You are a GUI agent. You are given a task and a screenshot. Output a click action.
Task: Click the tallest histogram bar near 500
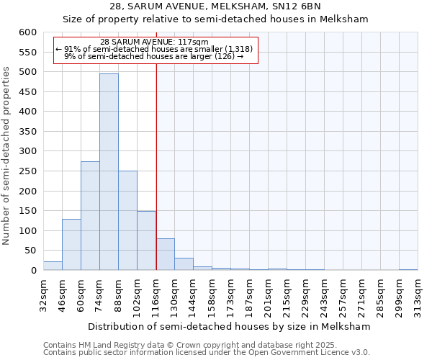click(109, 171)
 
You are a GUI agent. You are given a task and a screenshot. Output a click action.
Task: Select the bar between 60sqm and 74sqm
click(90, 216)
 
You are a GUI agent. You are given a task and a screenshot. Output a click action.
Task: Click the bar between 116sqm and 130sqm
click(165, 254)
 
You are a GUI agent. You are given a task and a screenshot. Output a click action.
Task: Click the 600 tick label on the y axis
click(27, 32)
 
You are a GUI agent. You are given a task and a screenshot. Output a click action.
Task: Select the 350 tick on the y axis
click(27, 132)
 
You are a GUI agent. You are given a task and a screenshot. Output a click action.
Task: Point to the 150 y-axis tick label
click(27, 211)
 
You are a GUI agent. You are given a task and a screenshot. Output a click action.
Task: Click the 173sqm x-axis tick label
click(230, 294)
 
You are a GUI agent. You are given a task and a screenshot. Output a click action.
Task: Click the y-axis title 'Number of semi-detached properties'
click(7, 156)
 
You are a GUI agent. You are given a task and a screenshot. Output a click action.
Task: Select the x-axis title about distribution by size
click(230, 326)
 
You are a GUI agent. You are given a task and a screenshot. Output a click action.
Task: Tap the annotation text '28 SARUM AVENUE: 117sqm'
click(155, 42)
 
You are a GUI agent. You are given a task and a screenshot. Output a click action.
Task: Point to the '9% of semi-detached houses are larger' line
click(155, 55)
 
